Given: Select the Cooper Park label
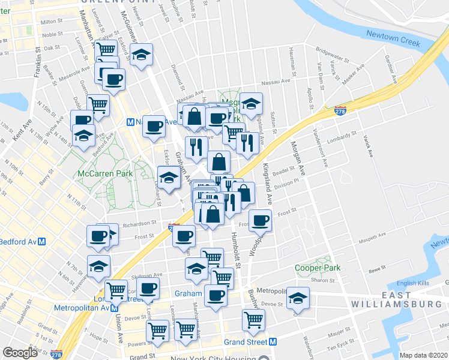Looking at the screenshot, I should point(317,268).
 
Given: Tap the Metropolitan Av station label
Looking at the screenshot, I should point(76,308).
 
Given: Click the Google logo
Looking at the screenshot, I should point(20,353).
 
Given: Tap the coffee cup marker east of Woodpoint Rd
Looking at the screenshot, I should point(259,221).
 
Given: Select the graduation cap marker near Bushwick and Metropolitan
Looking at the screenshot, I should point(297,298).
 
